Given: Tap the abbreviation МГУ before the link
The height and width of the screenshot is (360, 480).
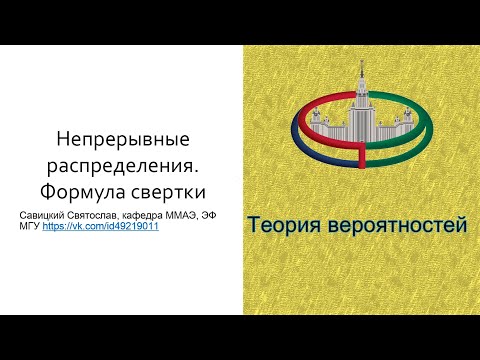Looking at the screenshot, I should pos(30,227).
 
